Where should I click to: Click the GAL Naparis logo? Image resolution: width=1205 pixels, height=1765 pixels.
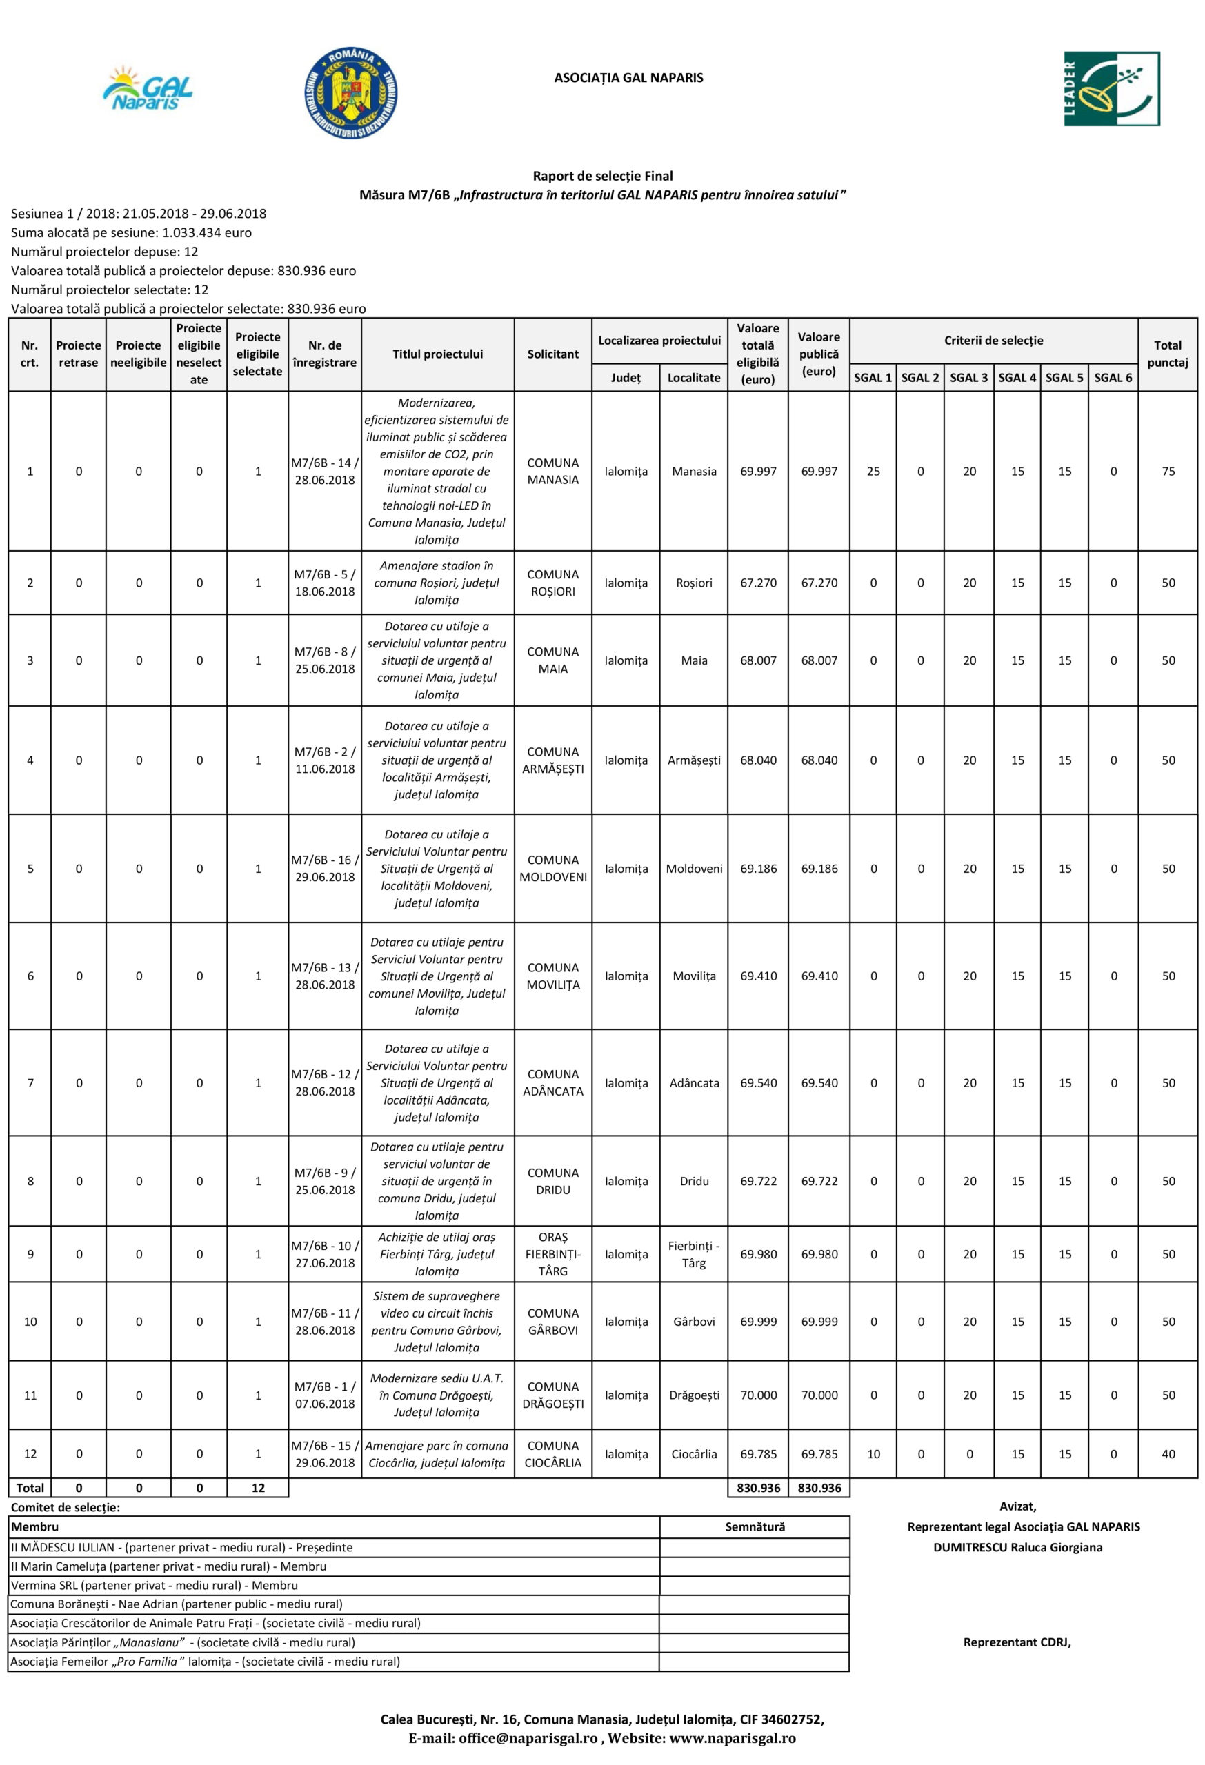point(148,90)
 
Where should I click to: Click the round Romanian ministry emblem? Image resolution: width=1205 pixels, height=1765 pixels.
point(350,92)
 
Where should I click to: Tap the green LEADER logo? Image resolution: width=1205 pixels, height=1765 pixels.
point(1112,89)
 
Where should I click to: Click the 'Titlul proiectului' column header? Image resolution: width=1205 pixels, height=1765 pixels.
point(437,354)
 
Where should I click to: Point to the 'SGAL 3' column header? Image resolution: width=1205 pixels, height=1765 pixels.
point(968,377)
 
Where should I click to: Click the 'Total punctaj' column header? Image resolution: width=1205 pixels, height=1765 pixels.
point(1167,354)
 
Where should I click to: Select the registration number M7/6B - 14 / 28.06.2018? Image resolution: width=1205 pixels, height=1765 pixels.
point(324,471)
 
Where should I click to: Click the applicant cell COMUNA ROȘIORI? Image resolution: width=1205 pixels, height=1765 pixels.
point(552,583)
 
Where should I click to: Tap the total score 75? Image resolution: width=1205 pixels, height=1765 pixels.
point(1168,471)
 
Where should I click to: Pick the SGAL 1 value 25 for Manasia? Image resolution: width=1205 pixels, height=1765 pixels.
point(873,471)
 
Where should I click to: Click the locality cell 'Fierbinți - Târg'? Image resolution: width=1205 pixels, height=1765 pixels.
point(694,1254)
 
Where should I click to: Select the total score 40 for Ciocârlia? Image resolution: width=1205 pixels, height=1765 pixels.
point(1168,1453)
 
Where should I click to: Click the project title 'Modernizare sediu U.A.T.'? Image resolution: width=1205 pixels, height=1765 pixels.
point(436,1378)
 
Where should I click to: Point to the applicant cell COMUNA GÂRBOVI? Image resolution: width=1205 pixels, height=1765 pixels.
point(552,1322)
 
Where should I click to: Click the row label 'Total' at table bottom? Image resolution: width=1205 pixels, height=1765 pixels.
point(30,1488)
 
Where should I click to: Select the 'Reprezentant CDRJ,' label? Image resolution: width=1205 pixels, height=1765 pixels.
point(1017,1642)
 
